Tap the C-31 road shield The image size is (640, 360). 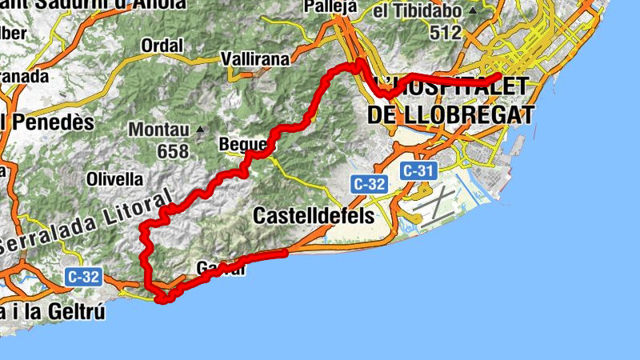coord(418,170)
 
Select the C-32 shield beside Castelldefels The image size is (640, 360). coord(369,185)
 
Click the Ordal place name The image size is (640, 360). coord(162,46)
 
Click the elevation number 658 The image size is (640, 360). coord(174,151)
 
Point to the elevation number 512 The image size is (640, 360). coord(446,33)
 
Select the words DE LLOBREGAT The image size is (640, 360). coord(450,114)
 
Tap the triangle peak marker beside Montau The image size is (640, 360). coord(199,130)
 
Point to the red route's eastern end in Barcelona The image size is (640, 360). coord(498,77)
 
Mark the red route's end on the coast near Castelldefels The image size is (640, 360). coord(284,254)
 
